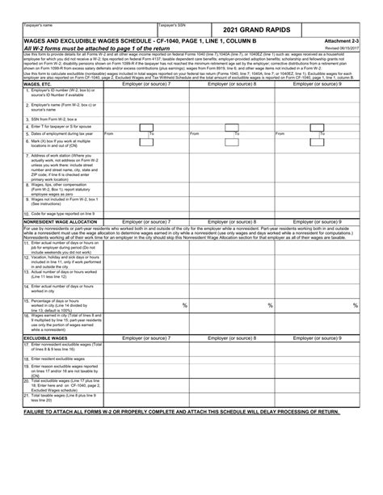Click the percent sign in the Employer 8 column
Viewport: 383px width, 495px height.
coord(269,305)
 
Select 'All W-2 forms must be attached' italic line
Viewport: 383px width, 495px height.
coord(89,48)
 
